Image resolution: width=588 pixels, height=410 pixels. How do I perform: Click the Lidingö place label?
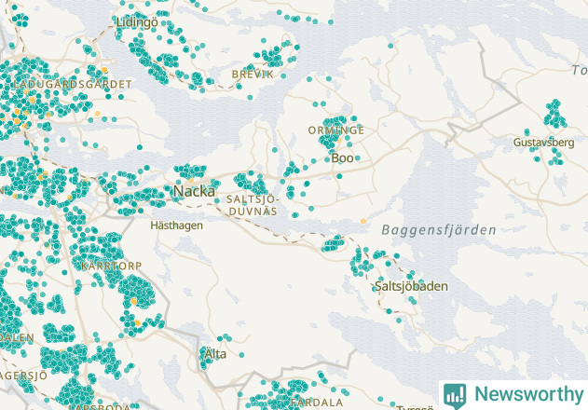(x=138, y=21)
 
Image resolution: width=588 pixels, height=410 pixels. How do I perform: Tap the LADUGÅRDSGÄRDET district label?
(x=67, y=84)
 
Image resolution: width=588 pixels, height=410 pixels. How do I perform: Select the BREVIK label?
(x=253, y=73)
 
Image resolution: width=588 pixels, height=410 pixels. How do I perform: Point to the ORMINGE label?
(x=335, y=130)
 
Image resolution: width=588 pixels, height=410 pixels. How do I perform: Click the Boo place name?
(x=342, y=158)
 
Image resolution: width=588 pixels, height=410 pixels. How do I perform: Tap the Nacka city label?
(x=194, y=192)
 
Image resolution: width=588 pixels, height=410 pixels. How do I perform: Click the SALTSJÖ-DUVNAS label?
(x=252, y=205)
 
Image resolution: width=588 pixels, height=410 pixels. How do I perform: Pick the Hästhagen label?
(x=175, y=225)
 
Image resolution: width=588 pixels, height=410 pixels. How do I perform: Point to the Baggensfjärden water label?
(x=438, y=229)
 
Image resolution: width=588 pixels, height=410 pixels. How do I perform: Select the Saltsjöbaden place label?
(x=410, y=286)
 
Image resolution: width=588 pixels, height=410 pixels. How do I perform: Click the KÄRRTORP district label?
(x=112, y=266)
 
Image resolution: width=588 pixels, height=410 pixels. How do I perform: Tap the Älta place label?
(x=214, y=354)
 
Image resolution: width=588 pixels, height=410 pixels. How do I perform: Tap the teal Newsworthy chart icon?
(x=456, y=394)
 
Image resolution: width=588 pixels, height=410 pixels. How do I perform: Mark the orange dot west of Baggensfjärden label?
(x=363, y=221)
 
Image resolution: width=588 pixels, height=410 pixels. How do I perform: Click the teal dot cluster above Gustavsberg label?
(x=554, y=115)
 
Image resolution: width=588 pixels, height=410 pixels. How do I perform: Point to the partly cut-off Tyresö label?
(x=414, y=407)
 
